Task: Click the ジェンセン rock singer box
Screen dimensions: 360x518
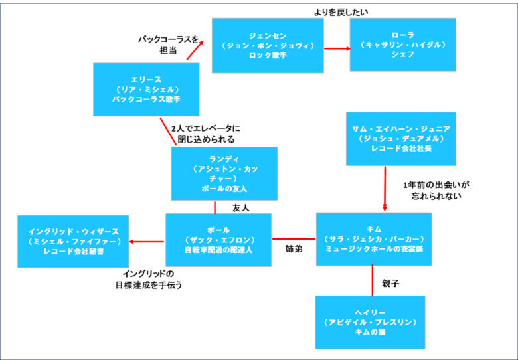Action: pyautogui.click(x=268, y=45)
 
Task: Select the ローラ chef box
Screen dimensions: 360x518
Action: pyautogui.click(x=402, y=45)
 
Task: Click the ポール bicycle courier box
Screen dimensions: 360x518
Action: pyautogui.click(x=218, y=240)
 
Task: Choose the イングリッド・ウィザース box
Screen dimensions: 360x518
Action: pyautogui.click(x=73, y=241)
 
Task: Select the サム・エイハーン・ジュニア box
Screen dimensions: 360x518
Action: pyautogui.click(x=400, y=139)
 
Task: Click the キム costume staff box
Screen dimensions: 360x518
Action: pyautogui.click(x=373, y=238)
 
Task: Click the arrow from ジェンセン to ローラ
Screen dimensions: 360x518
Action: pyautogui.click(x=337, y=48)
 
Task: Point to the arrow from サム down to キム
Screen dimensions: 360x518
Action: pyautogui.click(x=385, y=189)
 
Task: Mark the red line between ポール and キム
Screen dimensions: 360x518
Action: pyautogui.click(x=294, y=238)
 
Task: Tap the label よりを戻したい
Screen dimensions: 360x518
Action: pyautogui.click(x=341, y=12)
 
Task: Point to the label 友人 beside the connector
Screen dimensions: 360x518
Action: pyautogui.click(x=240, y=208)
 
